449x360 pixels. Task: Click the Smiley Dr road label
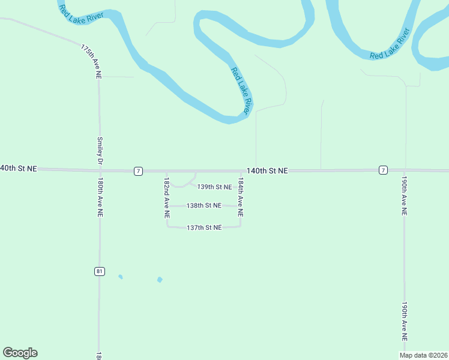coord(100,151)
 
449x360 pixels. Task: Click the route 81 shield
coord(100,271)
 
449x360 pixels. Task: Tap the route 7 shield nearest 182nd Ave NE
coord(139,171)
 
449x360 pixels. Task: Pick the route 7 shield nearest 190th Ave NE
coord(383,170)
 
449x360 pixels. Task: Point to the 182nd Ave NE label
coord(166,196)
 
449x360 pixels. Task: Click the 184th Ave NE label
coord(241,196)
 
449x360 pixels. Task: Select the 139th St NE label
coord(215,187)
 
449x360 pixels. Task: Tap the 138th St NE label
coord(203,205)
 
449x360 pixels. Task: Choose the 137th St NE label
coord(204,227)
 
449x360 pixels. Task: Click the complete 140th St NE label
coord(267,170)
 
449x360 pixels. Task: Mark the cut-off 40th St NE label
coord(19,169)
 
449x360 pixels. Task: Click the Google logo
coord(20,353)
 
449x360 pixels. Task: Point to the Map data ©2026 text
coord(424,355)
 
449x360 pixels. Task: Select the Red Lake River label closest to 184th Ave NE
coord(241,91)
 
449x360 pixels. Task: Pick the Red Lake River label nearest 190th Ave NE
coord(390,43)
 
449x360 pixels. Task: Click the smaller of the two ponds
coord(121,277)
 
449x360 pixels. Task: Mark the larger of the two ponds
coord(160,280)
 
